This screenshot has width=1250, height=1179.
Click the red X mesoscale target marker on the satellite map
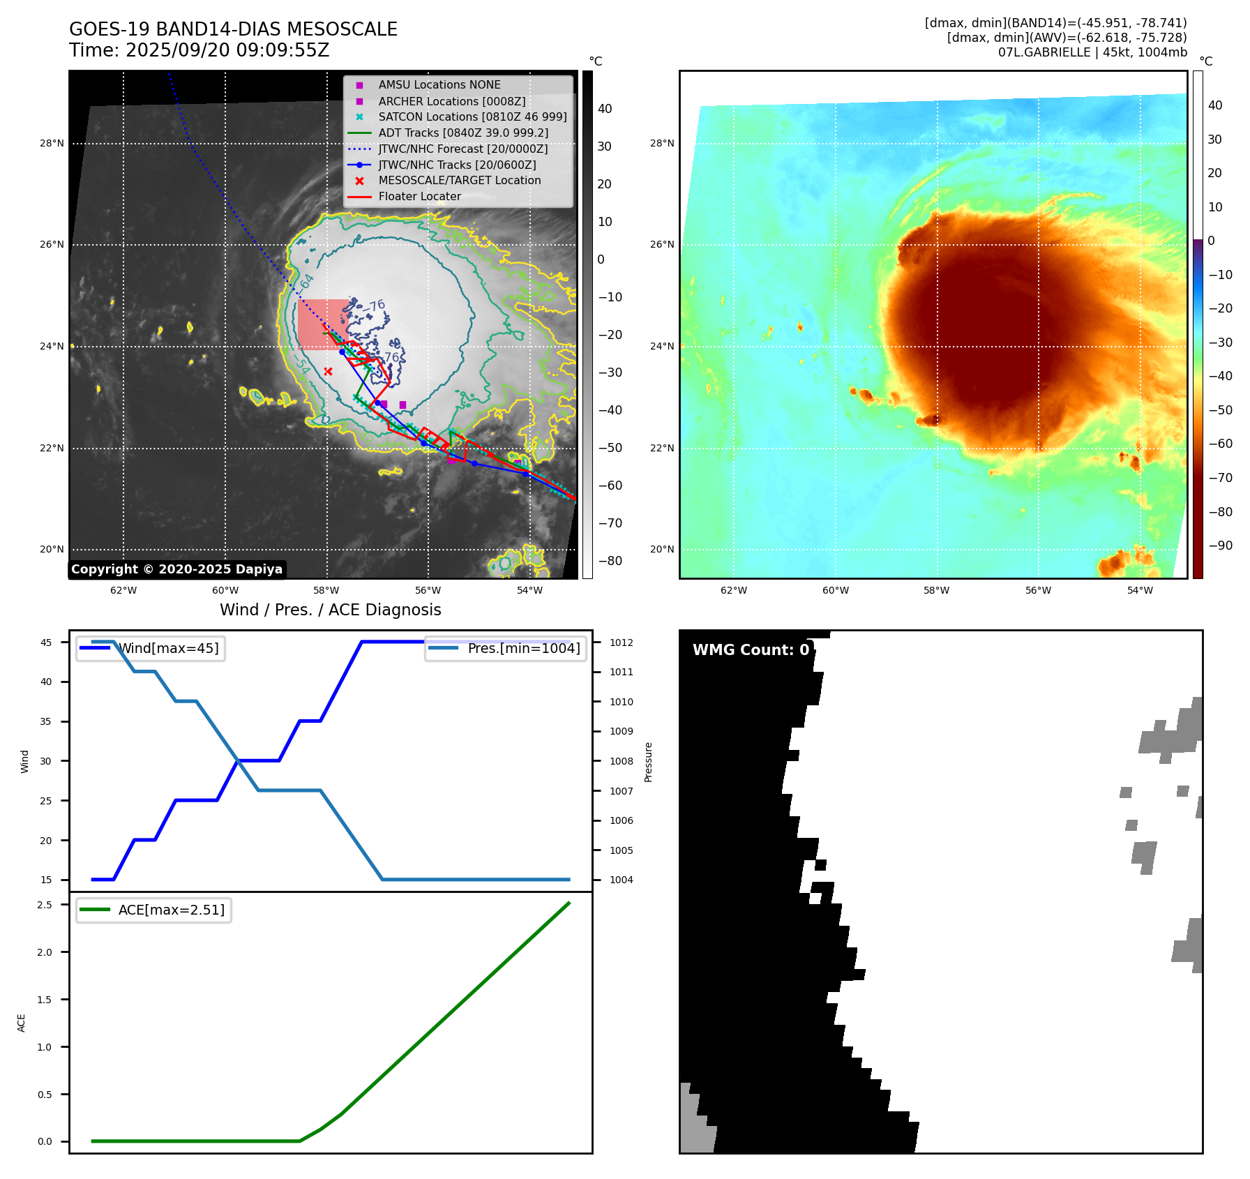(x=328, y=371)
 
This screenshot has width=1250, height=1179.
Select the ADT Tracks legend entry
(x=463, y=133)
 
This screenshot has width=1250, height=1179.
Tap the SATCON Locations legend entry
(x=472, y=117)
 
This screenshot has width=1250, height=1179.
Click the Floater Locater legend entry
(x=419, y=197)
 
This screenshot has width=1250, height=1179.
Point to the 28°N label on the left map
(x=52, y=144)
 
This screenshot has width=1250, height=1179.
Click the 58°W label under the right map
(x=936, y=590)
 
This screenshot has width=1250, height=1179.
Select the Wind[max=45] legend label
(x=168, y=648)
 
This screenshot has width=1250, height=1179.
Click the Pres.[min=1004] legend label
(x=523, y=648)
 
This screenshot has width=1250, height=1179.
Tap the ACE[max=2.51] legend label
(x=171, y=910)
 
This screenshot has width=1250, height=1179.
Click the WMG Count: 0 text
(x=751, y=649)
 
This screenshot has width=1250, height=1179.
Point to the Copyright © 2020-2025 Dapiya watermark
(x=176, y=569)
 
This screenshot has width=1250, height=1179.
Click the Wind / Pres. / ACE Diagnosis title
(x=331, y=610)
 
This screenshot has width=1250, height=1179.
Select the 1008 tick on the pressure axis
(x=621, y=761)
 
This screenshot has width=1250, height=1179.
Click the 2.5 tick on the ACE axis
(x=45, y=905)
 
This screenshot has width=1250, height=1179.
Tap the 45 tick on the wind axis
(x=46, y=643)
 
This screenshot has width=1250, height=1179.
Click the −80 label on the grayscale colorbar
(x=610, y=561)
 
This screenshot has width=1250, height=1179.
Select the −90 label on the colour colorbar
(x=1220, y=546)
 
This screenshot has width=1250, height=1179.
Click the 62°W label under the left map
(x=123, y=590)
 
